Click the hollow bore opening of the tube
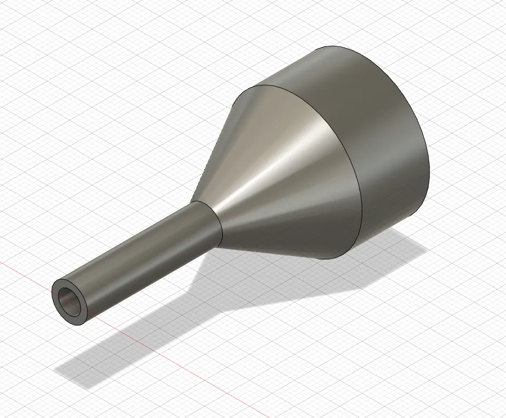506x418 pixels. (70, 302)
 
